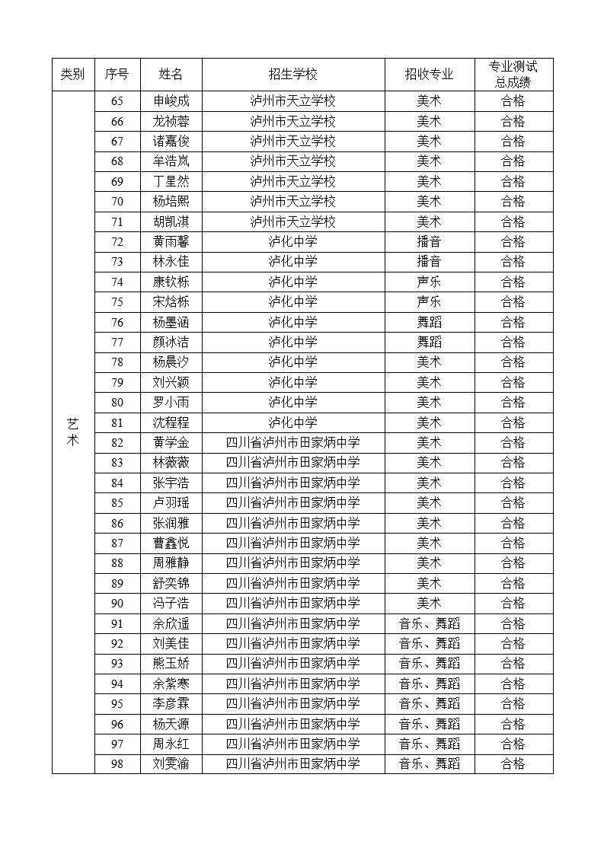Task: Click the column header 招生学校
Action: click(292, 75)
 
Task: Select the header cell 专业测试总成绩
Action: click(513, 75)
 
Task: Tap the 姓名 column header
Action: click(171, 75)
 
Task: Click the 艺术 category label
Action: click(72, 432)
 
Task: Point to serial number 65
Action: click(117, 101)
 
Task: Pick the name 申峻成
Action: click(171, 101)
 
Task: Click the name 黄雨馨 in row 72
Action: click(171, 242)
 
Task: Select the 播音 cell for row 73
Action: click(429, 262)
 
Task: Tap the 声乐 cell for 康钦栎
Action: click(429, 282)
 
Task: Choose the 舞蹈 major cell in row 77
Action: click(429, 342)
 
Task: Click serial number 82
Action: click(117, 442)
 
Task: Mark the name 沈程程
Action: click(171, 422)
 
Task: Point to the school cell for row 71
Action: click(292, 221)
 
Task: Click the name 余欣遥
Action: click(171, 623)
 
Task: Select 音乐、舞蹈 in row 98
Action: click(429, 763)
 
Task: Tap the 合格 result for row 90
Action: click(513, 603)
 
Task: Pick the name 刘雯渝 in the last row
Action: click(171, 763)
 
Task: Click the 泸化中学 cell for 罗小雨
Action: click(292, 402)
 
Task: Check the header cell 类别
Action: click(72, 75)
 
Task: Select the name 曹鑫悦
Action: click(171, 543)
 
